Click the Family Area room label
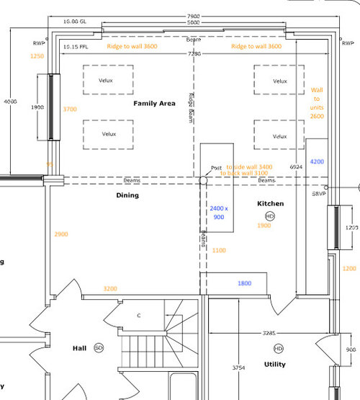pos(154,104)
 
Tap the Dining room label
pos(127,195)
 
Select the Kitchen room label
pos(271,204)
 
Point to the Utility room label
pos(274,365)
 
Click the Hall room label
pos(79,348)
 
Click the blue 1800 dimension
pos(245,283)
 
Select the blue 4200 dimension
pos(317,162)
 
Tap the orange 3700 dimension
pos(70,109)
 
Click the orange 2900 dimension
pos(61,235)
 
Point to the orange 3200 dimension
pos(109,288)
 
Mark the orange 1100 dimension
pos(219,250)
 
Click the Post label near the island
pos(216,168)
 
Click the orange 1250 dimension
pos(37,55)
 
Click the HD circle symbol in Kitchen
pos(270,216)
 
